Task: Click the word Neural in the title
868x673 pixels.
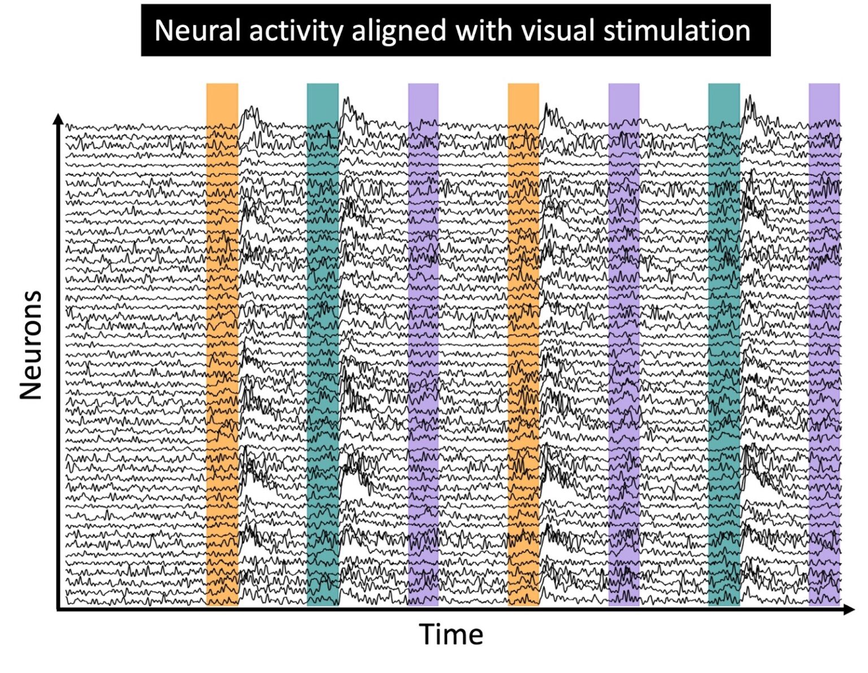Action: pos(198,31)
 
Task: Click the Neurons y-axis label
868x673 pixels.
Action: pos(31,345)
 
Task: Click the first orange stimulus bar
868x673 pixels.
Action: pos(222,345)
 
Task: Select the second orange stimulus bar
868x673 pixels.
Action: pos(523,345)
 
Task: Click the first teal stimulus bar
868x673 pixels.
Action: pos(323,345)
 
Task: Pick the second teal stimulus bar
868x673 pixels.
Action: pos(724,345)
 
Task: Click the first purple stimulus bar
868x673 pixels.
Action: pos(423,345)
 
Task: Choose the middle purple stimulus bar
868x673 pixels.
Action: pos(624,345)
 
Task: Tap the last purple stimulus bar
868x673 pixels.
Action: pos(824,345)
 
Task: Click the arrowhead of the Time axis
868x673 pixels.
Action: pos(849,609)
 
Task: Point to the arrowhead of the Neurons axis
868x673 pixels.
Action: pos(58,118)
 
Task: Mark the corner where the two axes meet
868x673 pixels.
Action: pos(58,609)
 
